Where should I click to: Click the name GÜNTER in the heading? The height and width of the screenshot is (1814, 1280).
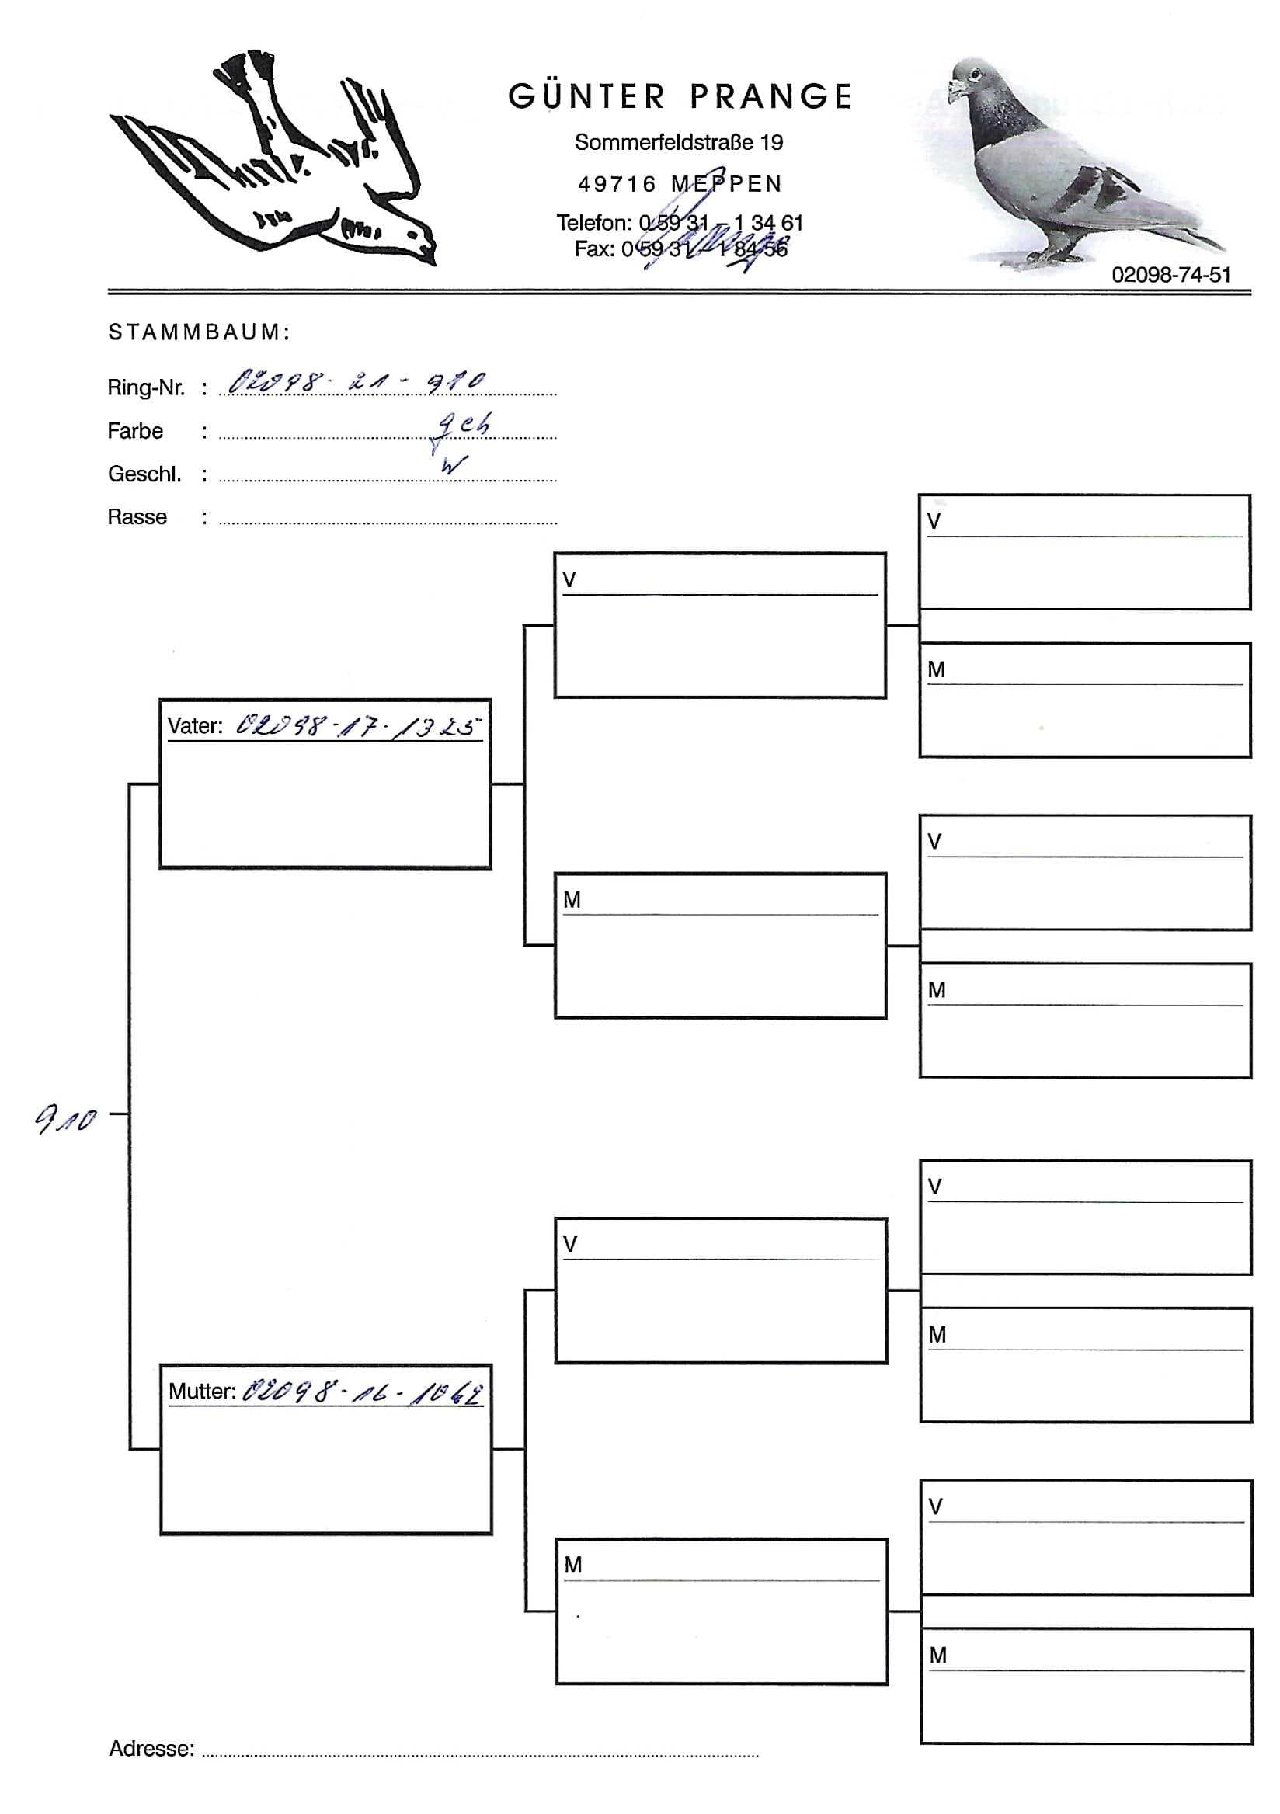click(587, 96)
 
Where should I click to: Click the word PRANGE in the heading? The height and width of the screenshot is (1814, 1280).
click(771, 96)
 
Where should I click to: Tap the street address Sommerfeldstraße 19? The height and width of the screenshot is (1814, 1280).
click(679, 142)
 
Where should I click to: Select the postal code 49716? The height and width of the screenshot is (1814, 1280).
click(617, 184)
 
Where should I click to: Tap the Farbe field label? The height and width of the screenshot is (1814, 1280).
click(135, 432)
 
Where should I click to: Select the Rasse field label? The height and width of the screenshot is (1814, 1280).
click(137, 517)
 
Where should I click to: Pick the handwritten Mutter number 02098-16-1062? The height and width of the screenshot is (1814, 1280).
click(363, 1392)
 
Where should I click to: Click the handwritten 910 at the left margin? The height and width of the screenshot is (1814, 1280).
click(65, 1119)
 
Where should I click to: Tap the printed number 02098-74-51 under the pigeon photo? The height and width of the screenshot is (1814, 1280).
click(1171, 275)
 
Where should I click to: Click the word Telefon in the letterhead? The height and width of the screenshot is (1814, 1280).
click(593, 223)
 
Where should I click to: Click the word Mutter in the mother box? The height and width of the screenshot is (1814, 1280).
click(202, 1392)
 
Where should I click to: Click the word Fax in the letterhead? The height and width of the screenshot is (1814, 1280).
click(593, 248)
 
